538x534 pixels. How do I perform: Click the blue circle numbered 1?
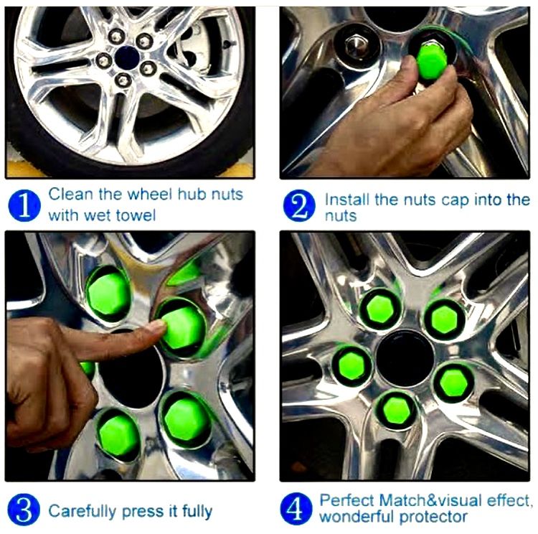(x=24, y=205)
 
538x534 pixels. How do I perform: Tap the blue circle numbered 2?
(x=299, y=206)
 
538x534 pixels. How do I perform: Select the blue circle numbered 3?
(x=24, y=510)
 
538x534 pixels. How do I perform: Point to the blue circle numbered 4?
(x=296, y=509)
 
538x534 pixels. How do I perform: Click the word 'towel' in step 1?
(x=136, y=215)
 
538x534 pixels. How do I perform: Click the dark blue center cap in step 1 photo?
(x=127, y=57)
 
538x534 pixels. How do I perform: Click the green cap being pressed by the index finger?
(x=182, y=327)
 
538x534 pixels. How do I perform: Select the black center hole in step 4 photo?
(x=405, y=358)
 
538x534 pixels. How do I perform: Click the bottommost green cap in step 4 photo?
(x=397, y=408)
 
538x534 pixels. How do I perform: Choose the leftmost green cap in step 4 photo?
(x=351, y=365)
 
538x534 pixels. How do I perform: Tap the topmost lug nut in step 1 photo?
(x=116, y=36)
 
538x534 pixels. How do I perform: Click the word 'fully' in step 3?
(x=197, y=511)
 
